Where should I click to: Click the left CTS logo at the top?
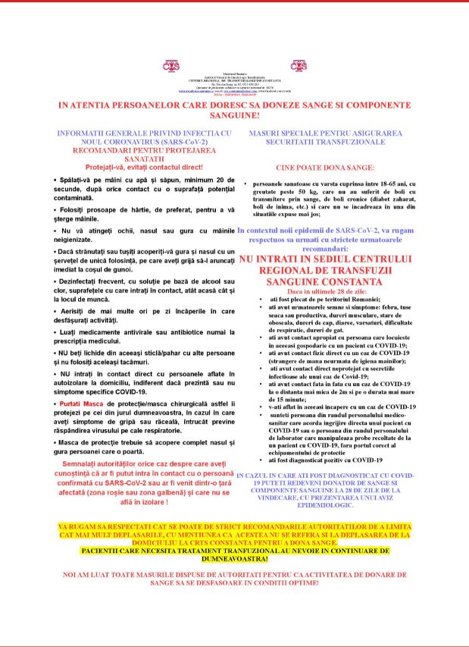[172, 65]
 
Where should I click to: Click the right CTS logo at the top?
[299, 65]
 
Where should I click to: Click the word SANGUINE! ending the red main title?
[234, 116]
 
